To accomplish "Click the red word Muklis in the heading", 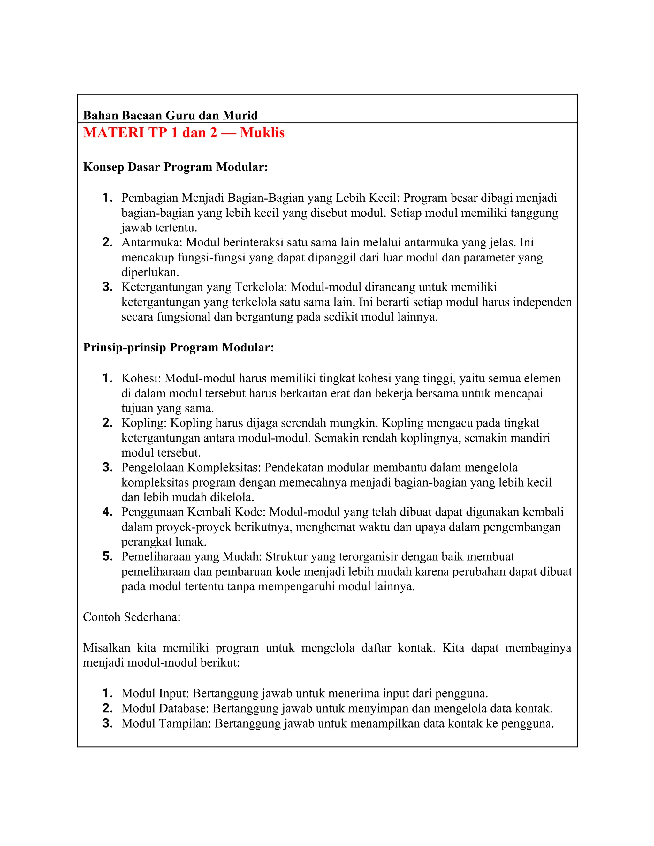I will pos(262,133).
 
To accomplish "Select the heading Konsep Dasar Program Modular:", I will pos(176,167).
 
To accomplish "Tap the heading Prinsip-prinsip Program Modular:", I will pos(178,347).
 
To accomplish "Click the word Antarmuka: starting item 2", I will pos(152,243).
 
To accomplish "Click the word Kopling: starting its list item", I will pos(144,423).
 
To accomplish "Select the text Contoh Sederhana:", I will pos(132,617).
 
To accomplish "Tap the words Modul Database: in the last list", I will pos(165,708).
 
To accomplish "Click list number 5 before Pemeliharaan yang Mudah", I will pos(107,557).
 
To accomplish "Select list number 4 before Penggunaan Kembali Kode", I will pos(107,512).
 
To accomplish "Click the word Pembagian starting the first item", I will pos(149,198).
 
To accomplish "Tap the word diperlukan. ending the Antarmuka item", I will pos(150,272).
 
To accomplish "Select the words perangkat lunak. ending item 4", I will pos(164,541).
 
